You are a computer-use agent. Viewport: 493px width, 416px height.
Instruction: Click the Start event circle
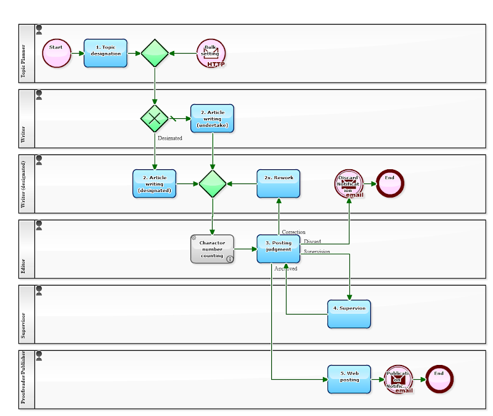57,54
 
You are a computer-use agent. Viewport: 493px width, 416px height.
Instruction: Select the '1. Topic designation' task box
105,54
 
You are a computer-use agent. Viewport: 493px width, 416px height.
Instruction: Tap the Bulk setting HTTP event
211,54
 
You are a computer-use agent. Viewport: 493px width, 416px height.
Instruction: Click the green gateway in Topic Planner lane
155,54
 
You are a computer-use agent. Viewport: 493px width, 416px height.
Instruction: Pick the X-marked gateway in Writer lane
155,118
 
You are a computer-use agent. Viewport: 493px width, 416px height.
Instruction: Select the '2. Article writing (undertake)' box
213,118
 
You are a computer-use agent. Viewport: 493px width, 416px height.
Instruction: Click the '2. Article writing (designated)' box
154,183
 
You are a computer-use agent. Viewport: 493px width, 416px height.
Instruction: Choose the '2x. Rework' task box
279,183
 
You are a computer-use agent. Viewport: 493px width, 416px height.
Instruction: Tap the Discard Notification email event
349,183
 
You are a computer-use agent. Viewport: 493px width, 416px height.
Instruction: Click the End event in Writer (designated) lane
390,183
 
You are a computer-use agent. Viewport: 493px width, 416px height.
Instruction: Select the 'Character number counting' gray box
212,249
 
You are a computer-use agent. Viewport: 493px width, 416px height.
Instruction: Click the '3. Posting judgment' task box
279,249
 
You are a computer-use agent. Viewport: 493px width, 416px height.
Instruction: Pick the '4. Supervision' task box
349,313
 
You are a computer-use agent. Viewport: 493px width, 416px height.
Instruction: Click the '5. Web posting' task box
349,379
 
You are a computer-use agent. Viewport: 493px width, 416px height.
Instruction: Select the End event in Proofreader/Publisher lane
439,379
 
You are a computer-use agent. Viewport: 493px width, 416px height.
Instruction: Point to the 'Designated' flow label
170,138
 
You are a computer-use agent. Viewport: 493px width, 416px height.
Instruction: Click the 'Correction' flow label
293,232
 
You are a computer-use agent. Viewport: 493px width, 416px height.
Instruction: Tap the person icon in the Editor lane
39,225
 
